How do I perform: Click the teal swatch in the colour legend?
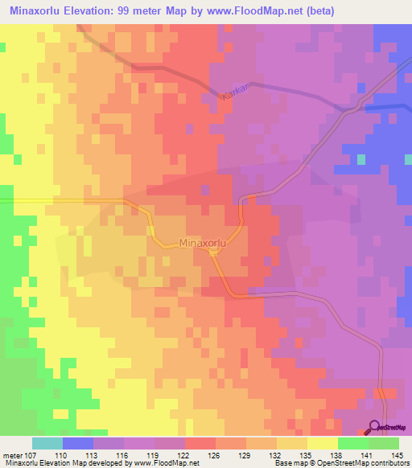(47, 443)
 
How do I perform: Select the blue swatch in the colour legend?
(77, 443)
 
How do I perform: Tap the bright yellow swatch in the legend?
(323, 443)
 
